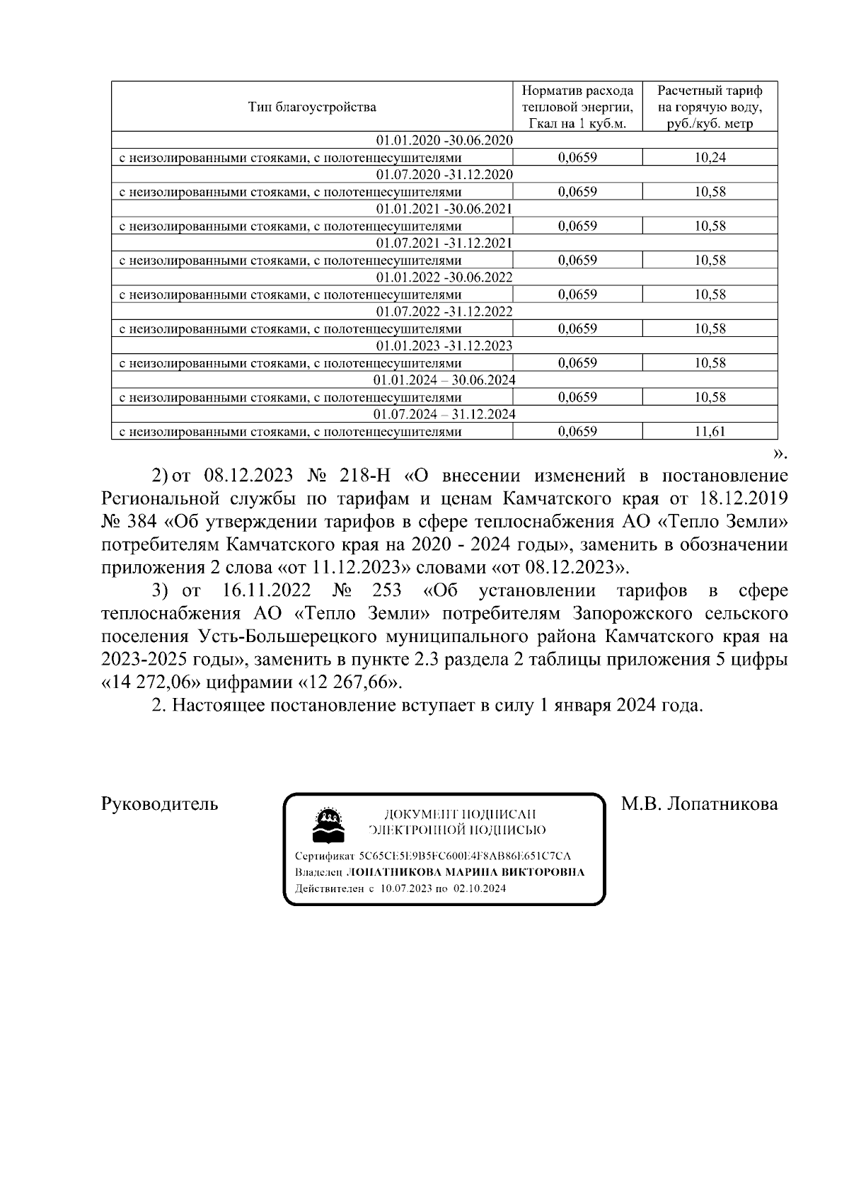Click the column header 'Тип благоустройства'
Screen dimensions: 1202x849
coord(312,107)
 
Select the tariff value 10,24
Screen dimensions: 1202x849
coord(710,158)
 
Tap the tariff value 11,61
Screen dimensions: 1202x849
coord(710,431)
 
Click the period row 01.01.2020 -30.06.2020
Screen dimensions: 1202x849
coord(444,140)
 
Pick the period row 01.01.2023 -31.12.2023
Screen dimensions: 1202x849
coord(444,345)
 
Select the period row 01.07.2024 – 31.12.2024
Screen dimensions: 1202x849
coord(444,413)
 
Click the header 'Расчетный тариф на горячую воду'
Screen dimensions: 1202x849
coord(710,107)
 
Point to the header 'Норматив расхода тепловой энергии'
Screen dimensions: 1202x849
coord(577,107)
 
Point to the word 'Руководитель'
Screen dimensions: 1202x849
coord(160,804)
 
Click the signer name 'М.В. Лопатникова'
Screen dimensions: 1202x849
coord(699,804)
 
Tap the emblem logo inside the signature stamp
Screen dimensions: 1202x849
coord(329,825)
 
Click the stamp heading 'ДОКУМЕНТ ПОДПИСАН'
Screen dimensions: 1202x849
coord(460,815)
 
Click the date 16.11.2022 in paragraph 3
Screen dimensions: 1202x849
coord(262,590)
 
